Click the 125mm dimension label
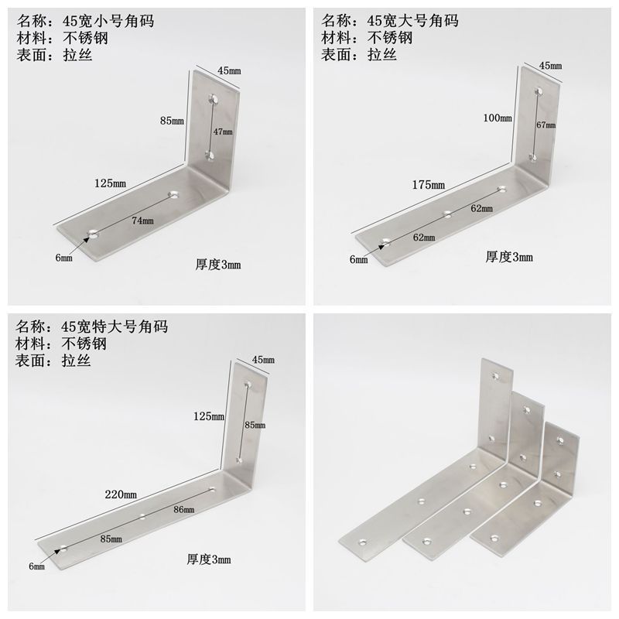point(111,183)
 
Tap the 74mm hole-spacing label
point(142,221)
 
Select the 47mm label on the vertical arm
point(224,132)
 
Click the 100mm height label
point(498,118)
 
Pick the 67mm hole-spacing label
point(546,124)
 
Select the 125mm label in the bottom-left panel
point(209,416)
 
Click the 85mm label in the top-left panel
point(172,121)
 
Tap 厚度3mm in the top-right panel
point(509,257)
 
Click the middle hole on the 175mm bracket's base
point(447,212)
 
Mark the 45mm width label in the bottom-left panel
point(263,360)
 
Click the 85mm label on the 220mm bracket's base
point(111,539)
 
